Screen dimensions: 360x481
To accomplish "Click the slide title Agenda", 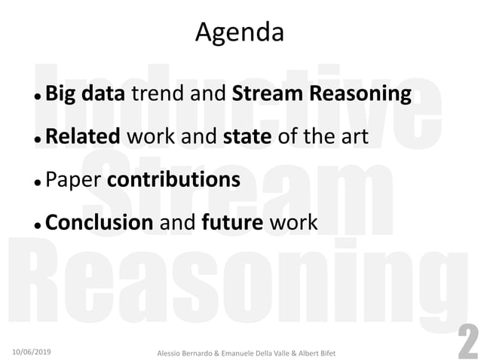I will click(240, 32).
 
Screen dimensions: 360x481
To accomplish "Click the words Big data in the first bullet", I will click(87, 94).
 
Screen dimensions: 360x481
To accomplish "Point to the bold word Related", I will click(83, 137).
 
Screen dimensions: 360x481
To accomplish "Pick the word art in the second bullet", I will click(351, 137).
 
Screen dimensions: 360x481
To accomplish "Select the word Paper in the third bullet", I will click(73, 180).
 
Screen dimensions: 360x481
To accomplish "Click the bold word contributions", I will click(174, 180).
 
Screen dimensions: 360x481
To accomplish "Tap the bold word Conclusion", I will click(99, 223).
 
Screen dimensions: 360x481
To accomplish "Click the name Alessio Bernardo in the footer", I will click(185, 352).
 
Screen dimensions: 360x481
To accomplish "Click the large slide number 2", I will click(467, 340).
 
